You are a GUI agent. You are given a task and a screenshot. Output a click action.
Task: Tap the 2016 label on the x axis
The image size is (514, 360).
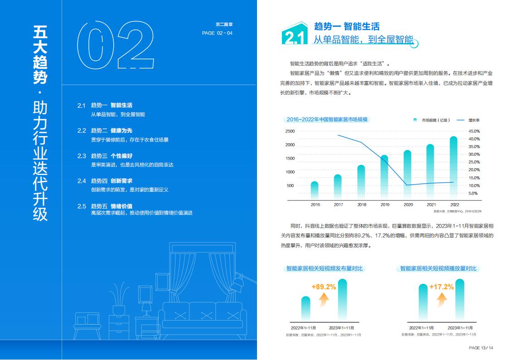pos(315,204)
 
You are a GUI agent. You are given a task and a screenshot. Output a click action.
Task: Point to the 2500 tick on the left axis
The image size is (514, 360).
pos(290,131)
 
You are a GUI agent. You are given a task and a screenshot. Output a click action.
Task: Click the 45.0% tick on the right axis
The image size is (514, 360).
pos(474,131)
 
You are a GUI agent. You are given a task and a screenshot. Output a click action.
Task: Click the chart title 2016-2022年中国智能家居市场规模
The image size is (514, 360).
pos(327,120)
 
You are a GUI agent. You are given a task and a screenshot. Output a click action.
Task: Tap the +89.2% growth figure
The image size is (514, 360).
pos(324,287)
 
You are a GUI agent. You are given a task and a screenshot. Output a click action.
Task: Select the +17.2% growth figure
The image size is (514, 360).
pos(441,287)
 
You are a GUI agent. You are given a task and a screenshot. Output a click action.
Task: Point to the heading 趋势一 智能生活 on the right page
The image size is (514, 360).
pos(347,26)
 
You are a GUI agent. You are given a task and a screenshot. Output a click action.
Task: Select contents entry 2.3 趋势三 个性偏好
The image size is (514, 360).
pos(111,156)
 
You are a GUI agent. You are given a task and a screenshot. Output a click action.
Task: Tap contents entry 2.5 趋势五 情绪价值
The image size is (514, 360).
pos(111,206)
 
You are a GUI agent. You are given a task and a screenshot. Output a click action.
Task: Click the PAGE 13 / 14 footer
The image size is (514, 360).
pos(480,348)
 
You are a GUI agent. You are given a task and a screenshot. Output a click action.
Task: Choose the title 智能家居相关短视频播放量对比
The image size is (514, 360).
pos(438,269)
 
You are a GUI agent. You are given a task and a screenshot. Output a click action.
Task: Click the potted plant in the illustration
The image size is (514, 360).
pos(119,299)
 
